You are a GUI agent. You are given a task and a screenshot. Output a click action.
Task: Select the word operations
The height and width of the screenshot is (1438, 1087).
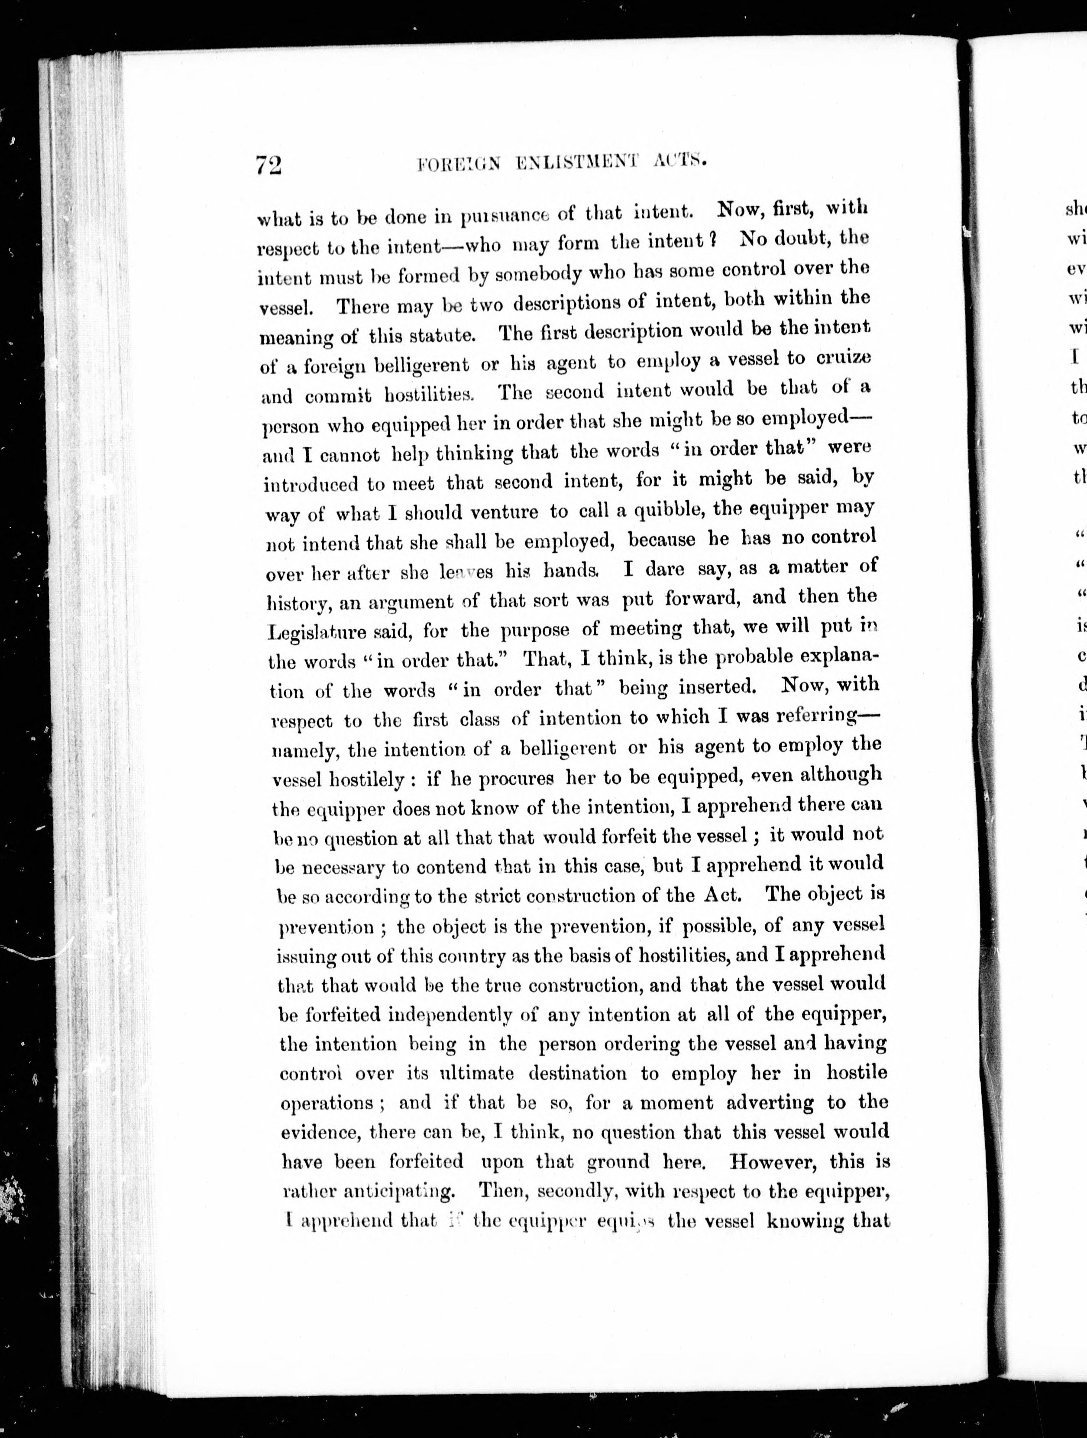[327, 1104]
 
